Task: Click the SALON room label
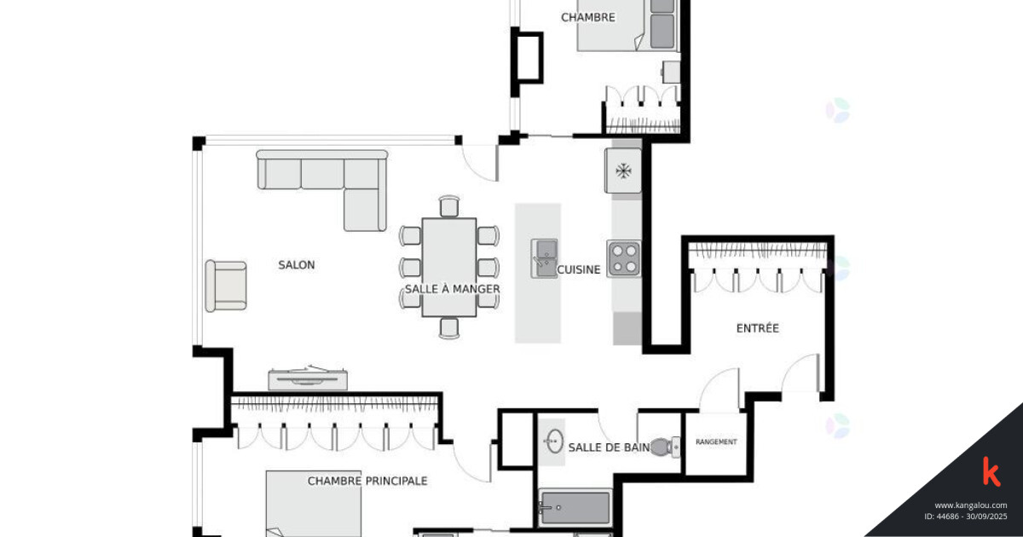coord(297,265)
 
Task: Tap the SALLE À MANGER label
coord(452,289)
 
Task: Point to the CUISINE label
coord(579,270)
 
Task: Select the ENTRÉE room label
coord(758,328)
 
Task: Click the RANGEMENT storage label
coord(716,442)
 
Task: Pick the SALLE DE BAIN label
coord(609,447)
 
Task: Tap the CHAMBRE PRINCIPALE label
coord(367,481)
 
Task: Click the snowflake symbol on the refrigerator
coord(623,171)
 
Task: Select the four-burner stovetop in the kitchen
coord(624,259)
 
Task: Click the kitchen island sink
coord(545,258)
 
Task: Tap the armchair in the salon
coord(226,286)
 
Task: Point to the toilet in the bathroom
coord(665,447)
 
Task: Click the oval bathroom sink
coord(555,442)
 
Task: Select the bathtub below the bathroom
coord(575,507)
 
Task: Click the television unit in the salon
coord(308,378)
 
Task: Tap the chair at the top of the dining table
coord(449,206)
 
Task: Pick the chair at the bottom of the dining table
coord(449,328)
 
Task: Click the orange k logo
coord(991,471)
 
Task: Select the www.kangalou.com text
coord(970,505)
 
